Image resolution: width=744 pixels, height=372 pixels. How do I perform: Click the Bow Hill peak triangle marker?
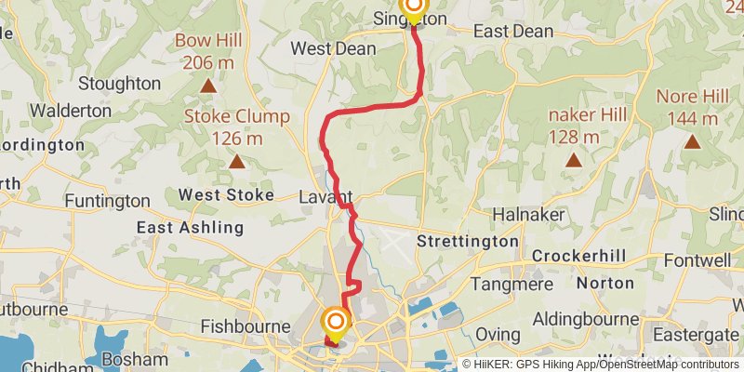point(208,86)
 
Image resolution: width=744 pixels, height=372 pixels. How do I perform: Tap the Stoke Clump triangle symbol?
point(237,162)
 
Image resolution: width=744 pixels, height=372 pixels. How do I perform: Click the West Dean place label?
point(332,48)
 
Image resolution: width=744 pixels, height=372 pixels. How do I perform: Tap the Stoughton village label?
point(119,84)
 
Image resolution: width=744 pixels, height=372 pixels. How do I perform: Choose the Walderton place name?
point(71,110)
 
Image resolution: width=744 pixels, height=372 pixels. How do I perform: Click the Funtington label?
point(107,201)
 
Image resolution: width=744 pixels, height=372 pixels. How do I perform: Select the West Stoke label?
point(226,195)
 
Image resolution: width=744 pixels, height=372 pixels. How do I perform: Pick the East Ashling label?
point(190,227)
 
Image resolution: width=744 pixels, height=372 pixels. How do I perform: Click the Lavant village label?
point(325,197)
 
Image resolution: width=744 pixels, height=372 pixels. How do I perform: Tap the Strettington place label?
point(467,242)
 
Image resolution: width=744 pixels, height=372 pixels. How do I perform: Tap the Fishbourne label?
point(241,326)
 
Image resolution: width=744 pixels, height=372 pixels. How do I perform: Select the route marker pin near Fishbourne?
point(336,325)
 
